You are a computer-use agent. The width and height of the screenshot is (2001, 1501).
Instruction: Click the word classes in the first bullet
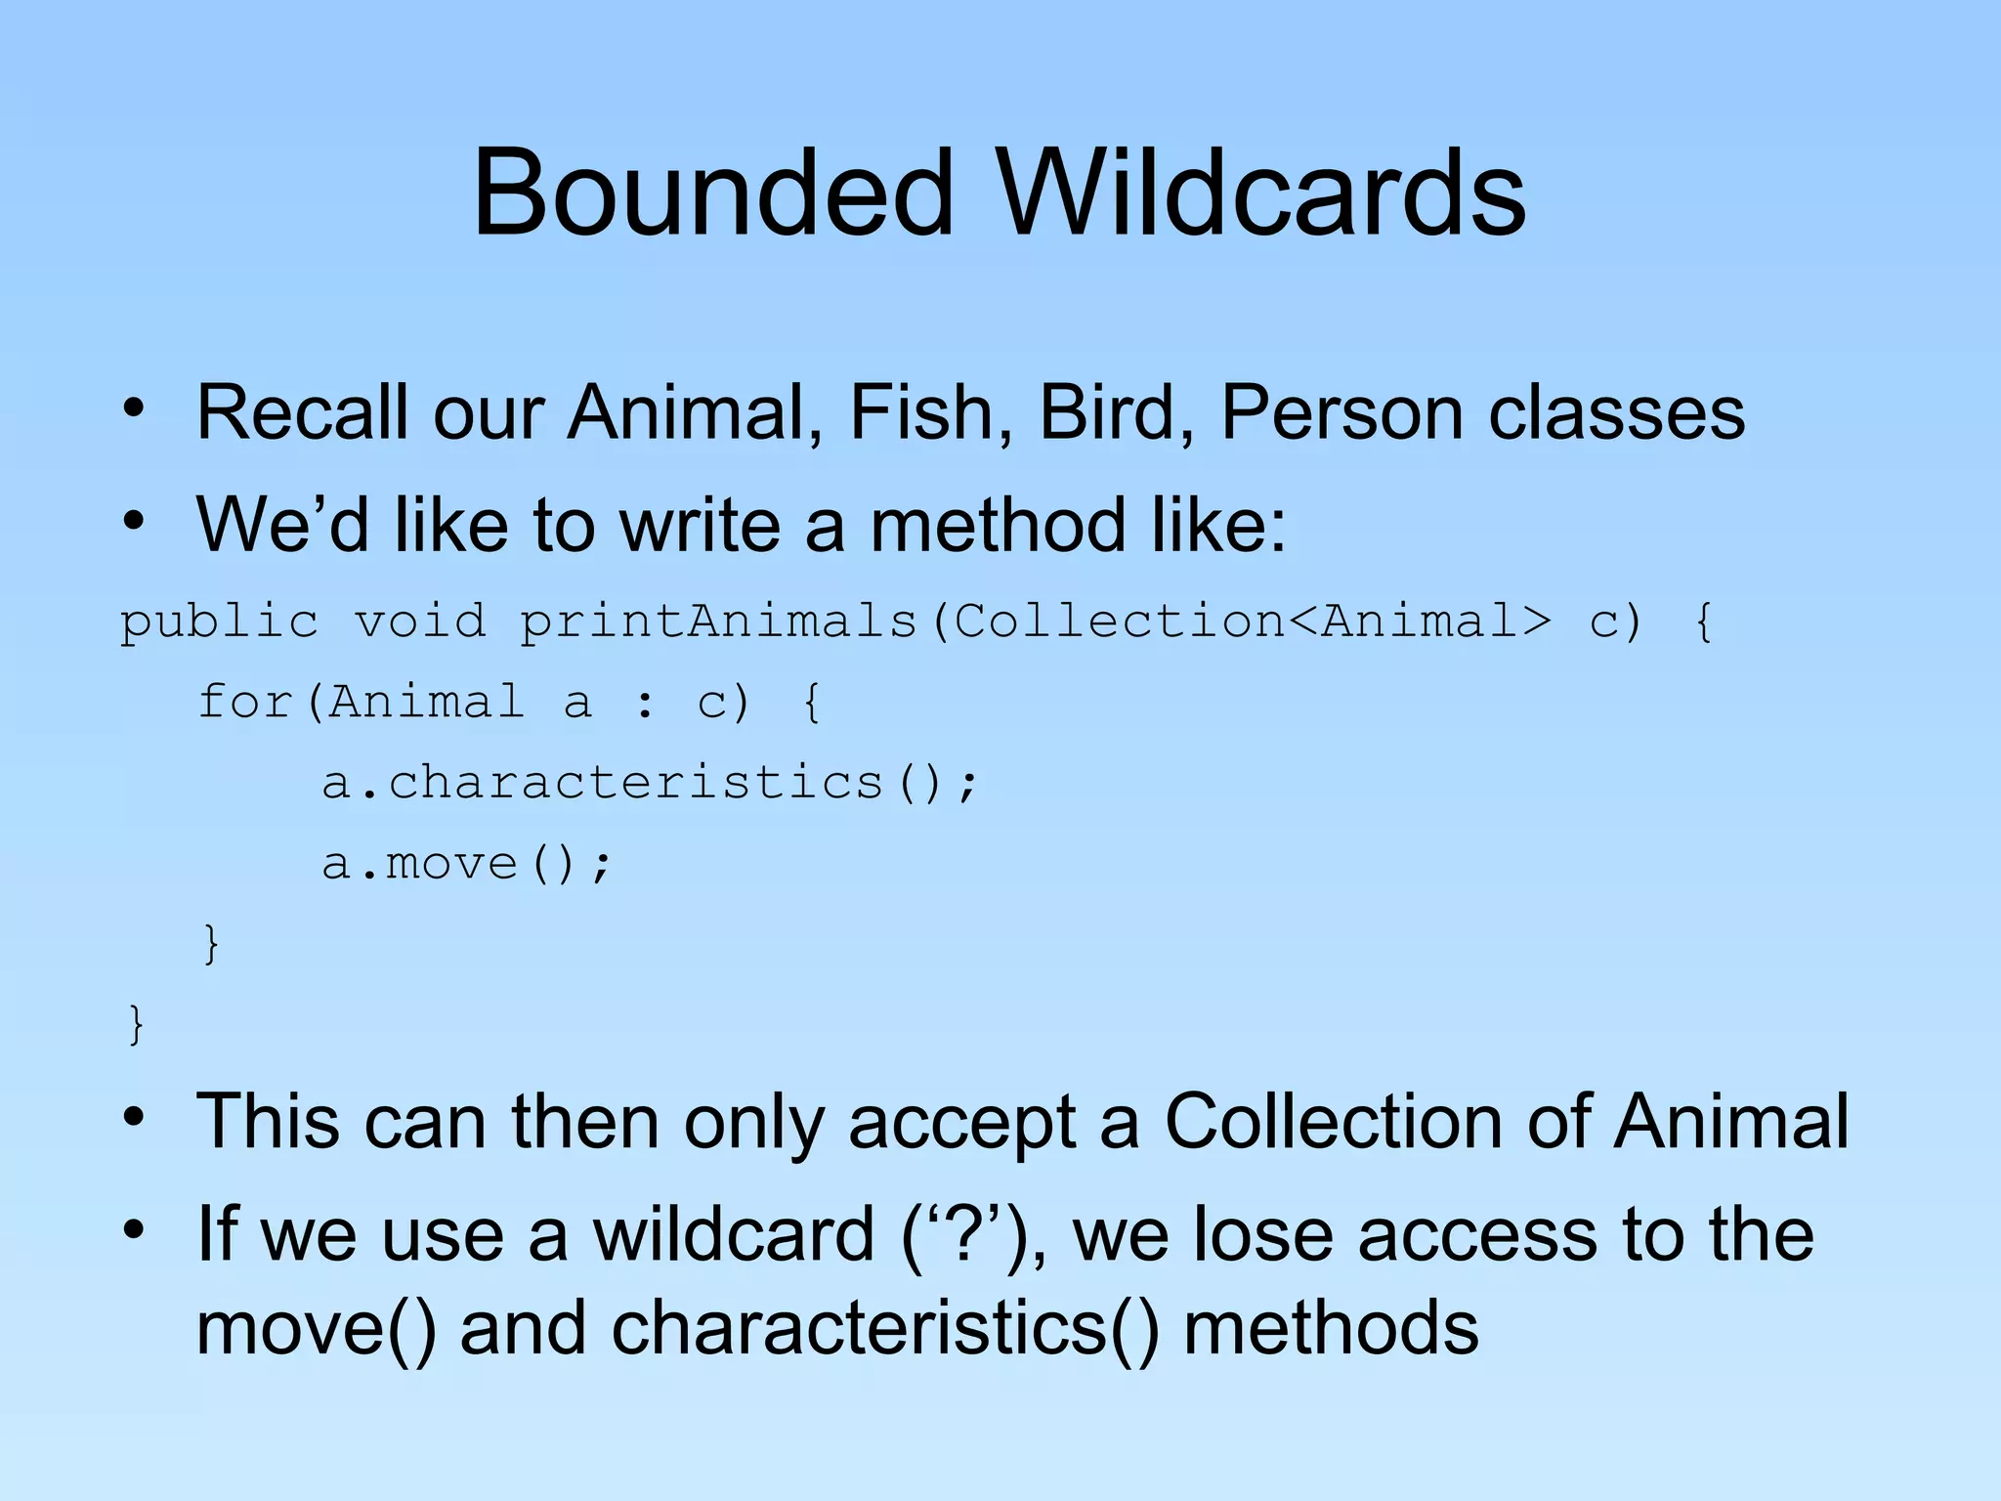point(1616,412)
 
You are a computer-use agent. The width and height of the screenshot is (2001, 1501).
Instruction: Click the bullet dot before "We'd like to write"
point(134,521)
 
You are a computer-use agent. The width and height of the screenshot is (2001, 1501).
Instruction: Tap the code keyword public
point(219,622)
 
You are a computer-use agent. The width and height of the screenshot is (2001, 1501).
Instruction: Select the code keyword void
point(419,621)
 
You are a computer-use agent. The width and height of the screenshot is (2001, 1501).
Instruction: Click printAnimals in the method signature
point(718,622)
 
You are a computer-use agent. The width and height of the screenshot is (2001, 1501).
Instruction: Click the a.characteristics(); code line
point(649,783)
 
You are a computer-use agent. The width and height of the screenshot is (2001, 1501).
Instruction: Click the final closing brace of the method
point(136,1024)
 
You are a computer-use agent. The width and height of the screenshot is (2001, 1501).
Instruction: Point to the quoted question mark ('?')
point(967,1235)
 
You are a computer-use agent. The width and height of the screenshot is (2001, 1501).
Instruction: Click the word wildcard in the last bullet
point(733,1234)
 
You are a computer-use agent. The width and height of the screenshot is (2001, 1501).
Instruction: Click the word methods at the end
point(1330,1329)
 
